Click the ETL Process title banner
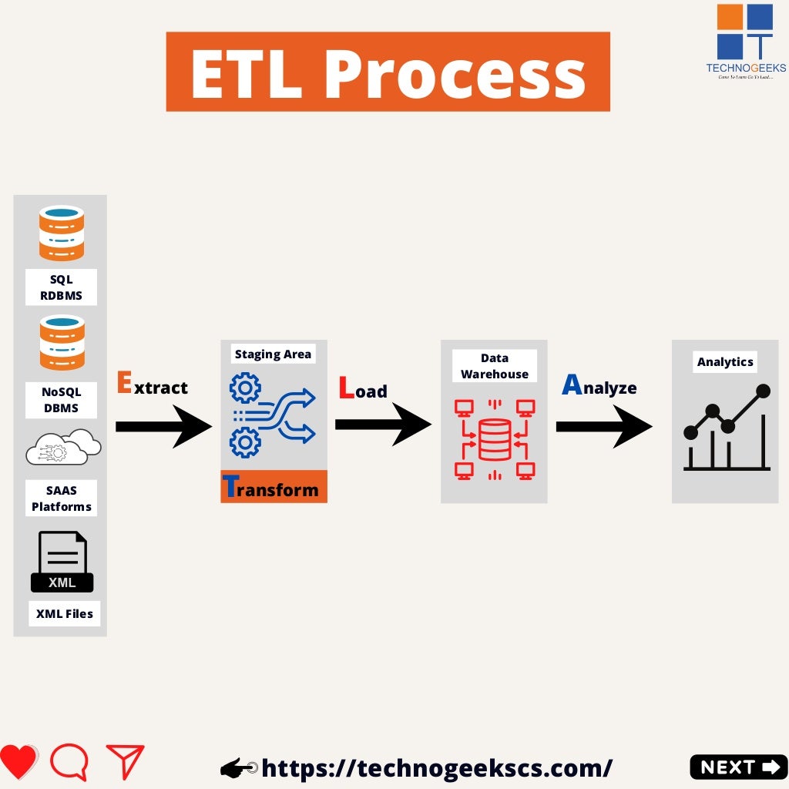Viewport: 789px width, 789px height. [x=388, y=72]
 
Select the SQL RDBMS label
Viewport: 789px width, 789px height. [x=61, y=287]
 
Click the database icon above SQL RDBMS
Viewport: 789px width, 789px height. [x=62, y=233]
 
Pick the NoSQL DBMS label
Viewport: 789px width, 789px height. [x=61, y=400]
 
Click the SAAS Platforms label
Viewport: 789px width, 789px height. [x=61, y=499]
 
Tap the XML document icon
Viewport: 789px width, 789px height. [x=62, y=562]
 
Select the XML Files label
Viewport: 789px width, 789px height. [x=65, y=614]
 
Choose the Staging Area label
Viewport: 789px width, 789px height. [x=273, y=354]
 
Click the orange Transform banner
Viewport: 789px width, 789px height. [x=274, y=487]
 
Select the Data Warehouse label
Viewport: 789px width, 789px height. [x=494, y=366]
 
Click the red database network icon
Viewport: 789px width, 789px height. [x=494, y=438]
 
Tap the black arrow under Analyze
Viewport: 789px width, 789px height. [x=604, y=426]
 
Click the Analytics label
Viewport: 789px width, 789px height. [x=724, y=361]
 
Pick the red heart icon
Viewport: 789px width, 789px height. [x=18, y=763]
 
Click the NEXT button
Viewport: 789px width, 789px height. [x=738, y=767]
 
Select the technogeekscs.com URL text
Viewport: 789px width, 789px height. [x=436, y=767]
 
